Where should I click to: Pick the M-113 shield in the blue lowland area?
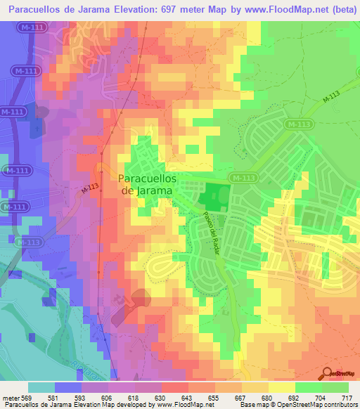pos(27,242)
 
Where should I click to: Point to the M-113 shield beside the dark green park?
pos(243,178)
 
